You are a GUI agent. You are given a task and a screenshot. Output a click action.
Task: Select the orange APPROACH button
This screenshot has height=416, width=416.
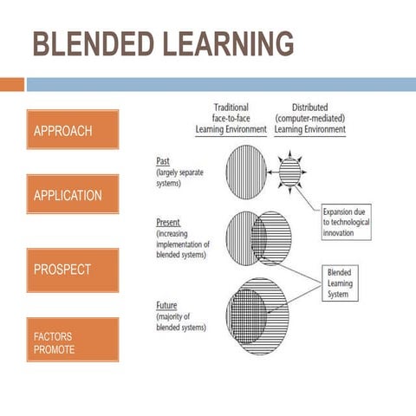[73, 130]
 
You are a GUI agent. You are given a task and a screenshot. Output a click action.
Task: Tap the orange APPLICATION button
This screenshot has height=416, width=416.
[73, 195]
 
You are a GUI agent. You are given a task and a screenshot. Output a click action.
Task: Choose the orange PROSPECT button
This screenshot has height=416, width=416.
[73, 270]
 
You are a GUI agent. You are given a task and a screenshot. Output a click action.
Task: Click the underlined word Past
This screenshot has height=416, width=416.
[163, 161]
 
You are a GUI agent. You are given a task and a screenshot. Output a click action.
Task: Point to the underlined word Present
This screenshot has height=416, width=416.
[168, 224]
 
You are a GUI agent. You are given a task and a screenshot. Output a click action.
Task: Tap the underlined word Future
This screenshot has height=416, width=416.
[166, 306]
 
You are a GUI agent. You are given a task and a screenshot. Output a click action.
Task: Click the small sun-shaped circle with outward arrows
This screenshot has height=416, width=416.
[289, 172]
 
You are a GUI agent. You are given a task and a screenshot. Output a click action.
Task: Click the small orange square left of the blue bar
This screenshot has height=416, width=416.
[12, 84]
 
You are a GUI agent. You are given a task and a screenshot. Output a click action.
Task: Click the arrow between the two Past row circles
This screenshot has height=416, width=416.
[271, 172]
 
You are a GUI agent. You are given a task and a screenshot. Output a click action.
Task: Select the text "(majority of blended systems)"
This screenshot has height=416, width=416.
[182, 322]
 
